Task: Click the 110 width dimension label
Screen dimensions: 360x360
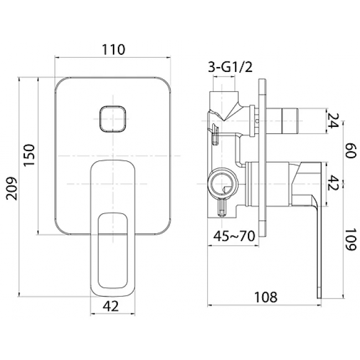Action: point(114,49)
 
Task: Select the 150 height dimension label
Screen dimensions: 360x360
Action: point(29,155)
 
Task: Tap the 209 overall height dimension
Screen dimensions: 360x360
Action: point(12,188)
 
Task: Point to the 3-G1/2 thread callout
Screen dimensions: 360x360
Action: point(230,67)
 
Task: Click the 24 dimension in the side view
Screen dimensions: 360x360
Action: point(333,121)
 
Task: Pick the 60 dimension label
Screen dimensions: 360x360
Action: point(351,151)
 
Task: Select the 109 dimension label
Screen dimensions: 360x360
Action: point(351,240)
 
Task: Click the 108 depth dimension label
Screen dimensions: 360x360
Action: point(266,297)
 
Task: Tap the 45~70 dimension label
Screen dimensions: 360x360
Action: point(234,236)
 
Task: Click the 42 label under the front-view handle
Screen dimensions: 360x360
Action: point(111,306)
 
